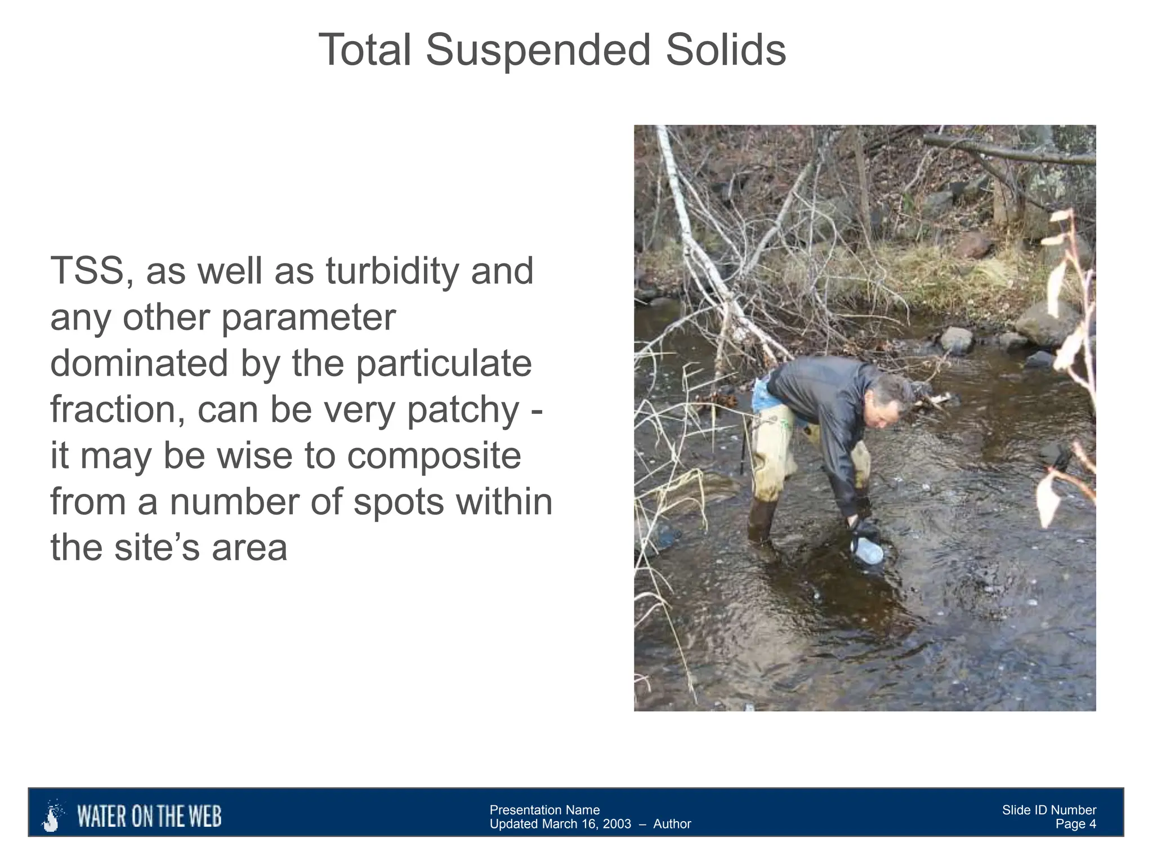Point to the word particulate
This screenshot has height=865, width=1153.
(444, 364)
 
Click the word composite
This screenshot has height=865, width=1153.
(434, 456)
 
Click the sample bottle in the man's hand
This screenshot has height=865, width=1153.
(867, 550)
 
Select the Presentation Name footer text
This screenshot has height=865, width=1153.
(544, 810)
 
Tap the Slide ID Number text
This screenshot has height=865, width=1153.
(1049, 810)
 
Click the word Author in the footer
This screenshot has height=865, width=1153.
(672, 824)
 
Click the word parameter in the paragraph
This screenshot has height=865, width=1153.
(309, 318)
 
